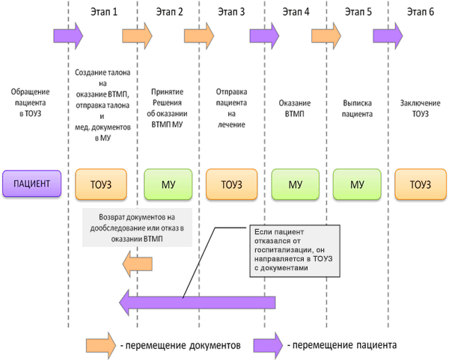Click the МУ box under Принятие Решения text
tap(168, 183)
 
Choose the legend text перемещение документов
tap(180, 346)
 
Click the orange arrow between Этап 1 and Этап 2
tap(137, 34)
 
